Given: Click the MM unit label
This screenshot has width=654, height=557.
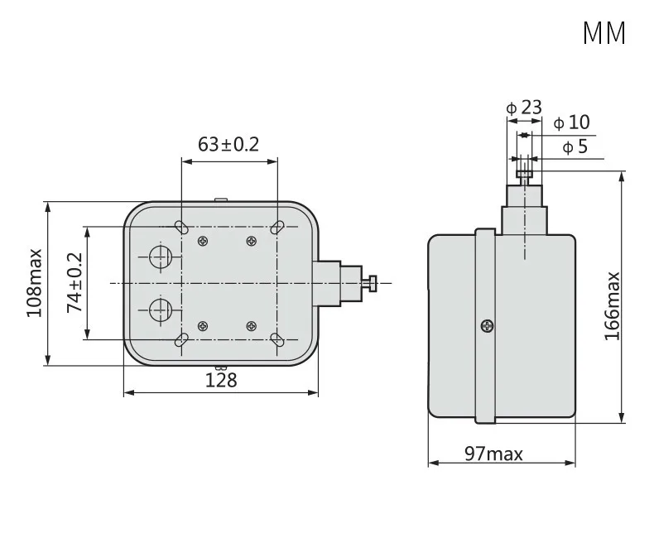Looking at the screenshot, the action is (x=604, y=32).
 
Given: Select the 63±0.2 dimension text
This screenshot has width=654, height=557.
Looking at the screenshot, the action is (x=228, y=144).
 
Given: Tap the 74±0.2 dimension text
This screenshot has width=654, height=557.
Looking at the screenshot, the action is (x=75, y=282).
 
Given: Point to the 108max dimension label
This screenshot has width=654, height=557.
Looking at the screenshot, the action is (x=35, y=283).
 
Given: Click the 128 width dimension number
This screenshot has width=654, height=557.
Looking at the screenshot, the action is (x=221, y=380).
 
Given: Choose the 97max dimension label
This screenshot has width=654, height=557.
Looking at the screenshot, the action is (x=493, y=454).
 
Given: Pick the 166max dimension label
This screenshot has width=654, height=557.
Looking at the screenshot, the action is (x=613, y=306).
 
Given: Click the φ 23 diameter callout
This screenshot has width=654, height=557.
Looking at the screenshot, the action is (x=524, y=108).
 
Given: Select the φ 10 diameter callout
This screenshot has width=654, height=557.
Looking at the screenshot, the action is (x=571, y=122).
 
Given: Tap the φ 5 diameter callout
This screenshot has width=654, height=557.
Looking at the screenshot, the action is (x=575, y=146).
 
